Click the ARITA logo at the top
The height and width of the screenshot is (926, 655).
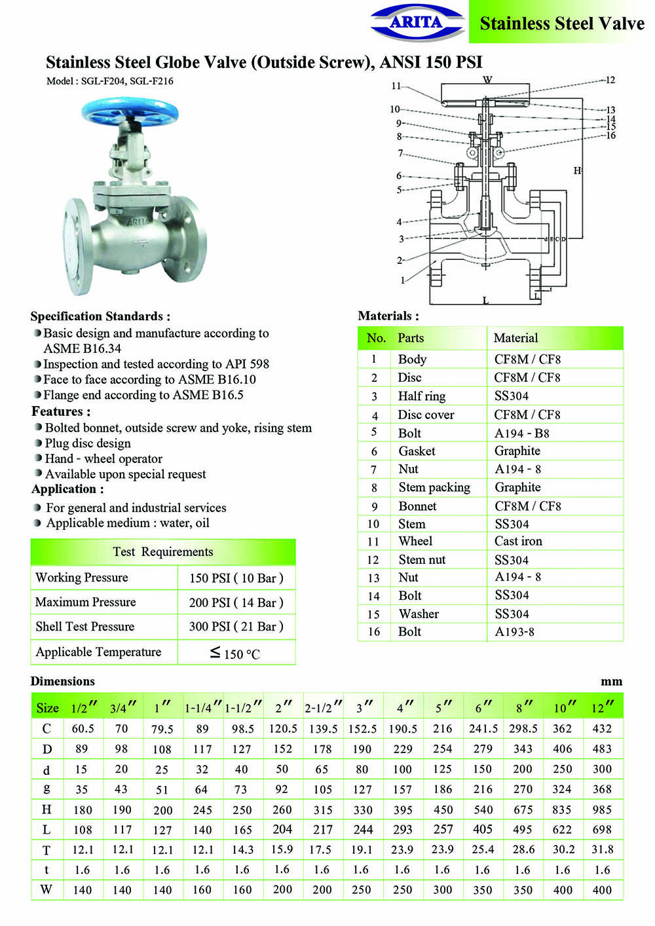point(417,23)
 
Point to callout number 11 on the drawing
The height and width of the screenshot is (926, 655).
point(396,86)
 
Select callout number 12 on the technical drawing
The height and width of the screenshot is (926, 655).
point(610,80)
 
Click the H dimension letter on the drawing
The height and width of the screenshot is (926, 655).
point(577,171)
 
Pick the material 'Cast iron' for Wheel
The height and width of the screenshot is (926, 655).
point(518,542)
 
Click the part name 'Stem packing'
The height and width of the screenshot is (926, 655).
point(434,487)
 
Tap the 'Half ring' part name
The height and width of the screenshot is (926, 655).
point(422,396)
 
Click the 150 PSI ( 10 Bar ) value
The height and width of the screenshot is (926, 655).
point(236,578)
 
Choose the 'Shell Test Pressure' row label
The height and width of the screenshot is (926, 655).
point(84,627)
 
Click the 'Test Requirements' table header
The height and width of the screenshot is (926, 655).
point(163,552)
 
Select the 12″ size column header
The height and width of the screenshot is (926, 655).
point(602,707)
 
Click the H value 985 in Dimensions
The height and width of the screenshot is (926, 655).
point(602,810)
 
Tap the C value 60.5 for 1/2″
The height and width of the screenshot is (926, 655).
point(83,729)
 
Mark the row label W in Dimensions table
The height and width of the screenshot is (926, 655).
point(47,890)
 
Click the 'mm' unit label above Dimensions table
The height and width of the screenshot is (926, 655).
point(611,682)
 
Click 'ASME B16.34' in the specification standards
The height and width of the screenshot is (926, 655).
point(83,348)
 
